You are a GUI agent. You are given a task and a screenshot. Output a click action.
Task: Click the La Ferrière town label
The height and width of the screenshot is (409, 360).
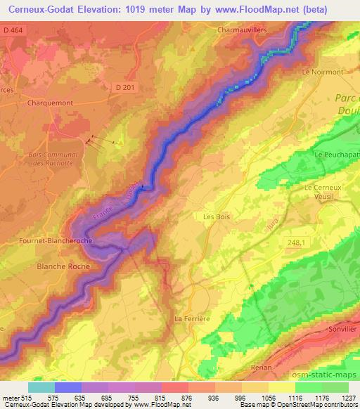192,318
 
